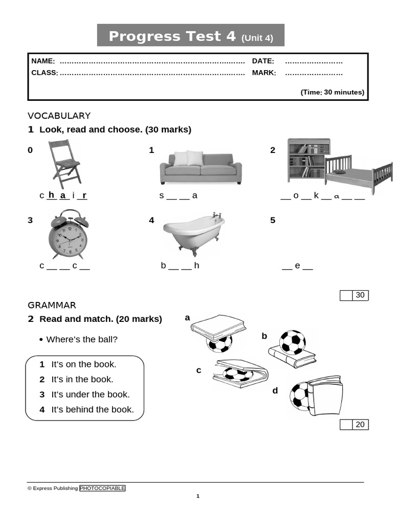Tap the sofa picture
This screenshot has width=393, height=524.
click(x=200, y=168)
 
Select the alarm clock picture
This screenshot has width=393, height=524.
click(x=68, y=235)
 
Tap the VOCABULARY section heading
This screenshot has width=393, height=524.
click(x=59, y=116)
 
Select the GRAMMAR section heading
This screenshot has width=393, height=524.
click(x=52, y=305)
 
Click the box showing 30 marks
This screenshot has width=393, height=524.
click(x=360, y=295)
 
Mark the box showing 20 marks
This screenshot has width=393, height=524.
click(x=360, y=424)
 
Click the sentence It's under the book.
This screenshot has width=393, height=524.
click(x=91, y=395)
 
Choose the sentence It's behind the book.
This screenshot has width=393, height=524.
click(x=93, y=409)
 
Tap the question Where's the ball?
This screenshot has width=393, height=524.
click(x=82, y=339)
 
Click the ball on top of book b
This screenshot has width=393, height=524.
click(x=292, y=342)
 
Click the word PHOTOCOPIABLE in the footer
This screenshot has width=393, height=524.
click(x=102, y=488)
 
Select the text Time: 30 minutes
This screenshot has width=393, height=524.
click(x=332, y=92)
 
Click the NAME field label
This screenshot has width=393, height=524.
click(x=43, y=61)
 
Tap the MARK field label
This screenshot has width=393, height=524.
click(x=264, y=73)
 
